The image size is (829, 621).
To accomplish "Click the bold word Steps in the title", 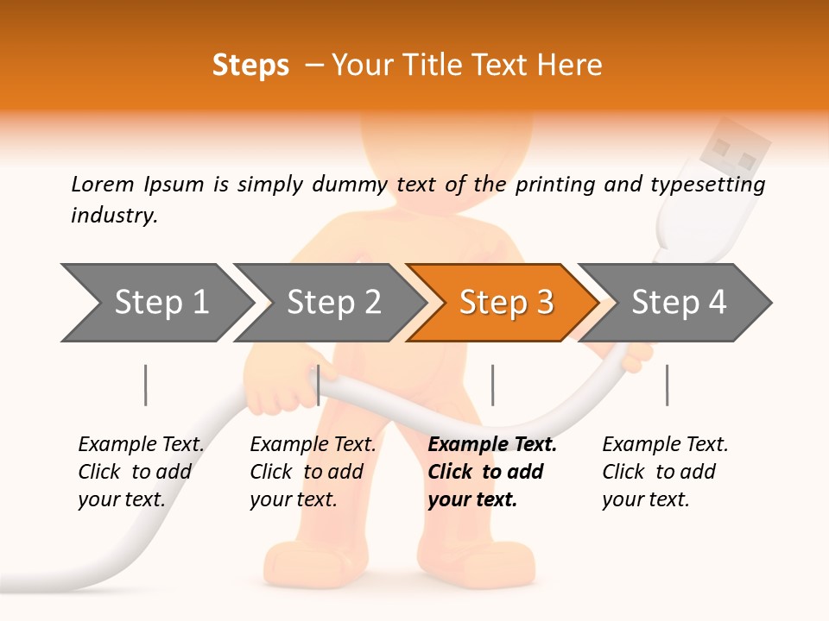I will (250, 65).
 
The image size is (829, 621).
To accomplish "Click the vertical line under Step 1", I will (146, 385).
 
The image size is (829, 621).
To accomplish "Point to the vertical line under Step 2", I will (319, 385).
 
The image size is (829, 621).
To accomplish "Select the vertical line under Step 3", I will (492, 385).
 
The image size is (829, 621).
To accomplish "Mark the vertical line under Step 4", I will (667, 385).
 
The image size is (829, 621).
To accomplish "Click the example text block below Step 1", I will (140, 472).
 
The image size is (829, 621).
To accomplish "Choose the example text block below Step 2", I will (312, 472).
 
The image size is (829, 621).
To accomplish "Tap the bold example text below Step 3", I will (491, 472).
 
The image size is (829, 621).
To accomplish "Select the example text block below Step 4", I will (664, 472).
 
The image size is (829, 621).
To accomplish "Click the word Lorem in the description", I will (103, 184).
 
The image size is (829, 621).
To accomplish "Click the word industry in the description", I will (113, 216).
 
